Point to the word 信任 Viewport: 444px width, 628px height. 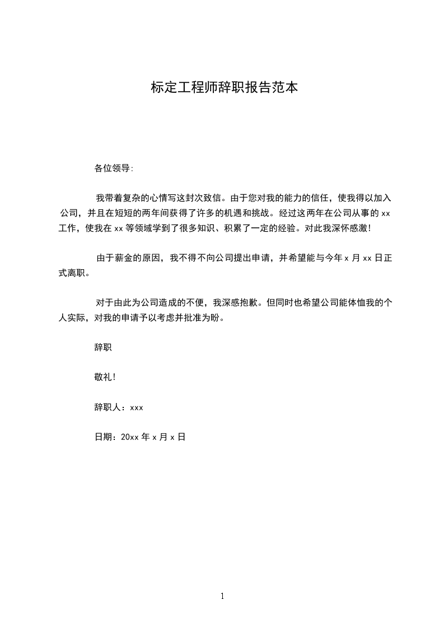(323, 198)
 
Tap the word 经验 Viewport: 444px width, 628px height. (294, 228)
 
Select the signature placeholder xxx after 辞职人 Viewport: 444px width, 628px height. (137, 407)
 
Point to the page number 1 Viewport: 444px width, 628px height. (222, 596)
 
